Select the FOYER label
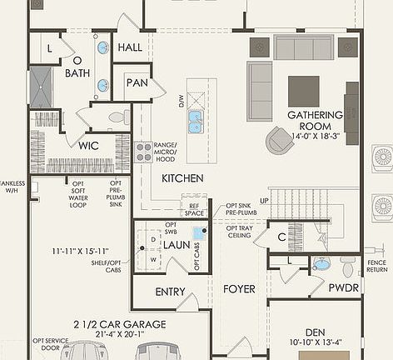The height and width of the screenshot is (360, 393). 239,289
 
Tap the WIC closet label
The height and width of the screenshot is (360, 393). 89,146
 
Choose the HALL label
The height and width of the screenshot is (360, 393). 130,48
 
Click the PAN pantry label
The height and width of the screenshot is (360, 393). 136,82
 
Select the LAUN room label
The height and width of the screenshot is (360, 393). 177,245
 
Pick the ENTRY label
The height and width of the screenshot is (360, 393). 170,292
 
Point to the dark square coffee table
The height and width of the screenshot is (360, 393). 304,91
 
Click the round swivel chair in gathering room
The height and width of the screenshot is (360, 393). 280,140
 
